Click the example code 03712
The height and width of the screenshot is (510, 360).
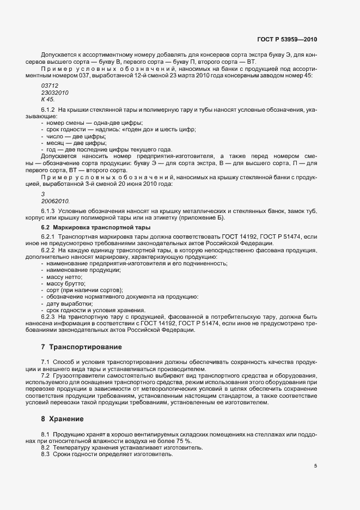click(50, 86)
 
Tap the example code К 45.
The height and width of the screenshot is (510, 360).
click(48, 100)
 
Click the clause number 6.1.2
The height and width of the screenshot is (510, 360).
click(48, 111)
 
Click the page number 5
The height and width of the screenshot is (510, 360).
click(315, 466)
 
